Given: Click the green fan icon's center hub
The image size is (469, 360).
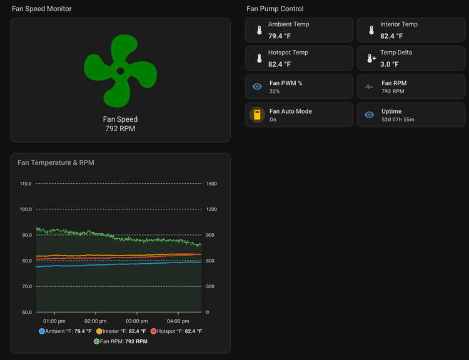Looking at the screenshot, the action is (120, 71).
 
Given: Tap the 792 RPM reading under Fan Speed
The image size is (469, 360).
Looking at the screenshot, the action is (120, 129).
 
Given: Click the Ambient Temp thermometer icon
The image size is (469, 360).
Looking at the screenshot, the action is (260, 30).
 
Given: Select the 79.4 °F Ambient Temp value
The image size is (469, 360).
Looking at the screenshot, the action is (280, 36).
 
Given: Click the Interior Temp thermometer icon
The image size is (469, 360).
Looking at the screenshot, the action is (371, 30).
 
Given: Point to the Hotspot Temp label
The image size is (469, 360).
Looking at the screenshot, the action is (288, 52).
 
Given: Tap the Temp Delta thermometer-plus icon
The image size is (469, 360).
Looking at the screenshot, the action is (371, 58).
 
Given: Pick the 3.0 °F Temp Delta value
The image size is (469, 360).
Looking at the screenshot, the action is (390, 64).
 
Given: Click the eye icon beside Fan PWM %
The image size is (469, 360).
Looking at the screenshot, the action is (257, 86).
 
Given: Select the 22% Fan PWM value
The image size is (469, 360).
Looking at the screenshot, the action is (275, 91).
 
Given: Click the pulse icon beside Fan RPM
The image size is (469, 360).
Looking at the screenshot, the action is (369, 87).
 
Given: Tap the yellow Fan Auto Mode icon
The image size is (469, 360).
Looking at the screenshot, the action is (257, 114).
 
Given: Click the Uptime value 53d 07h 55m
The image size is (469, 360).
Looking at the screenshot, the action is (398, 119).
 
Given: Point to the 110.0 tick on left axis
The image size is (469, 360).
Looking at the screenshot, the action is (26, 184).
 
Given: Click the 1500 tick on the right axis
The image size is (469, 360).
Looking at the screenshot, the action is (211, 184).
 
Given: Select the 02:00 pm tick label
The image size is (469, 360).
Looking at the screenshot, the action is (96, 321).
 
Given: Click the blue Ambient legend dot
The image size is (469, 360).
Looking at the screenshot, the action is (42, 331).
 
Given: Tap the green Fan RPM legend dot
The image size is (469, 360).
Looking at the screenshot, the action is (96, 341).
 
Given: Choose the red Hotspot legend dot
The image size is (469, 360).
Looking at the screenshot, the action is (153, 331).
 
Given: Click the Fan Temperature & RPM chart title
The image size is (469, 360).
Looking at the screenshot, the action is (56, 162).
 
